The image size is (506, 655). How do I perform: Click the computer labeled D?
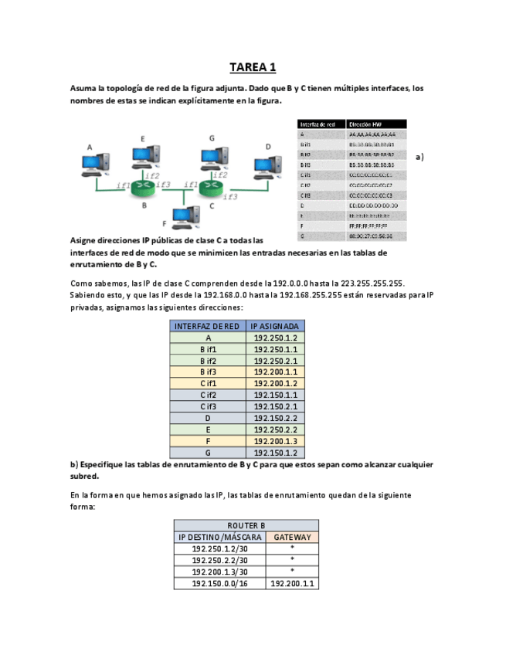click(x=267, y=165)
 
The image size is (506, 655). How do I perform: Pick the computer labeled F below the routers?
click(x=182, y=217)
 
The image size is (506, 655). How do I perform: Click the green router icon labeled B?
click(x=143, y=186)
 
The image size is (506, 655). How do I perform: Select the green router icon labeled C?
click(x=211, y=186)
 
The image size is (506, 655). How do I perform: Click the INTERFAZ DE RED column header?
click(x=208, y=326)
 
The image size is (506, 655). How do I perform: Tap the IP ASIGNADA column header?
click(x=274, y=326)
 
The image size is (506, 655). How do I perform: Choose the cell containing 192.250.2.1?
click(x=274, y=361)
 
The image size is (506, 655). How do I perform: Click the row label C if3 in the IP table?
click(x=208, y=406)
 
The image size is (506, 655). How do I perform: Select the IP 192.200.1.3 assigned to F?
click(x=274, y=441)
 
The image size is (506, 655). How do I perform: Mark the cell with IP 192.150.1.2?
click(x=274, y=453)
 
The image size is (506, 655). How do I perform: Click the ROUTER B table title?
click(x=246, y=525)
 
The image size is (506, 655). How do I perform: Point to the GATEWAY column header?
click(x=292, y=537)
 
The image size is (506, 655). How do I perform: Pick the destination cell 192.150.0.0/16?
click(x=220, y=583)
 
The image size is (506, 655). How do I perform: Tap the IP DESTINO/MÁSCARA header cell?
click(x=220, y=537)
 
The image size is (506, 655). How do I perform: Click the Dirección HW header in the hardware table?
click(x=365, y=124)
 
